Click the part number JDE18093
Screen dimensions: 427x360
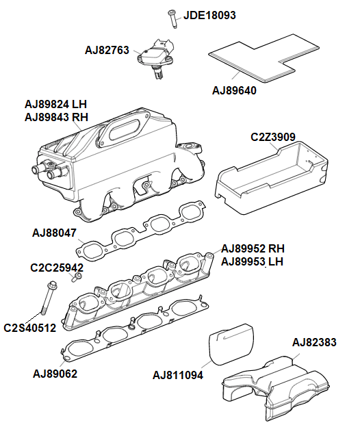click(x=209, y=14)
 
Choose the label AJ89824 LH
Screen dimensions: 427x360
click(x=56, y=104)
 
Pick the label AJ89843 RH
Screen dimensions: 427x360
click(x=57, y=117)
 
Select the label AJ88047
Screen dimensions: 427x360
click(x=55, y=233)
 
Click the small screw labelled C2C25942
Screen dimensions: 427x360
click(x=78, y=276)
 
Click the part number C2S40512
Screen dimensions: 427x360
click(x=29, y=328)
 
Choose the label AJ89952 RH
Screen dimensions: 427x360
click(x=253, y=248)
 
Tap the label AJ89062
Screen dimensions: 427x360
click(x=55, y=374)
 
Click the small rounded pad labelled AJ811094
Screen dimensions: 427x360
click(x=230, y=346)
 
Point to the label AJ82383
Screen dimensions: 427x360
click(x=314, y=342)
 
